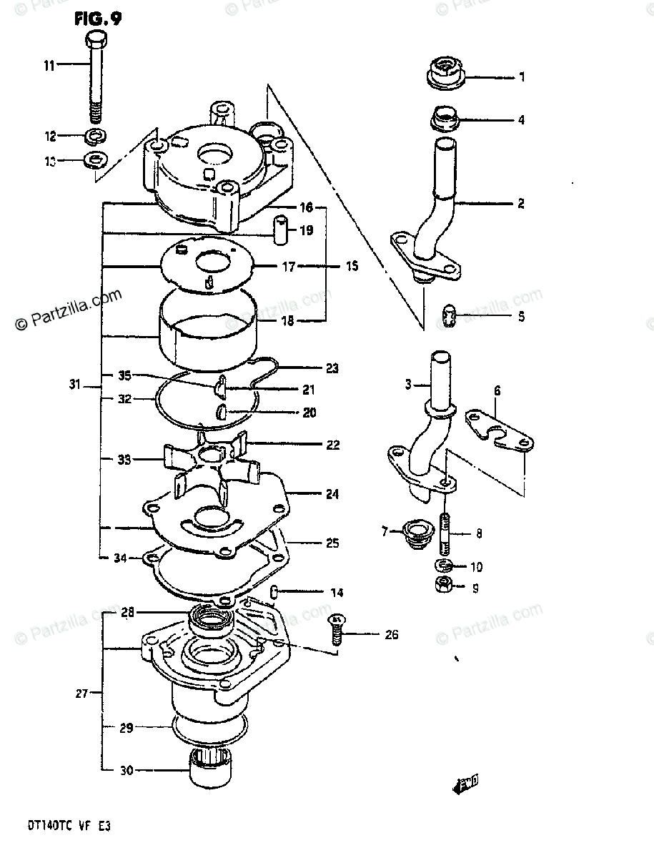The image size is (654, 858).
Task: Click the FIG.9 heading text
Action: pos(97,18)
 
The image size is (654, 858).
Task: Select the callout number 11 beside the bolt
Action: pos(49,66)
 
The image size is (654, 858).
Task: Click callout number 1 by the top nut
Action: pos(522,77)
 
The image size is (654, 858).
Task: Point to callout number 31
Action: pos(75,385)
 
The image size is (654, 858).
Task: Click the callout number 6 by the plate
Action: pos(497,390)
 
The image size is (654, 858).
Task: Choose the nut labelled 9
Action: pos(441,586)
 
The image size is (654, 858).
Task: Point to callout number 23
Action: pos(331,369)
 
